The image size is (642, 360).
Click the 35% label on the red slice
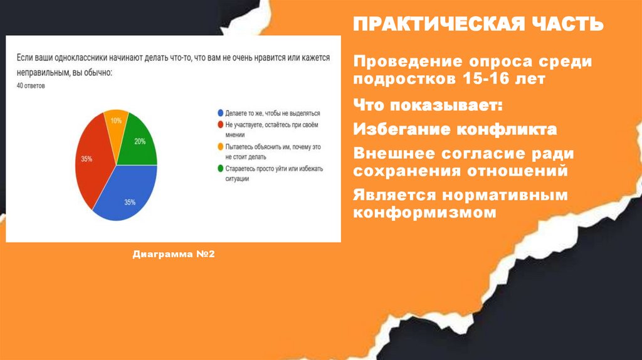click(x=87, y=159)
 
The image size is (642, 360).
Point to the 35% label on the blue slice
click(x=130, y=202)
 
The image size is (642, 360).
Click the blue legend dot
click(x=219, y=114)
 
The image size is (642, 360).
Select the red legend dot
click(x=219, y=124)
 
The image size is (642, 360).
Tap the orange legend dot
click(x=219, y=146)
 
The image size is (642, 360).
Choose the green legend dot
click(x=219, y=168)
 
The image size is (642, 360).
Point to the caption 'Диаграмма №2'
click(x=174, y=255)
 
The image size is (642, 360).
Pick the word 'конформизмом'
click(x=424, y=212)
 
